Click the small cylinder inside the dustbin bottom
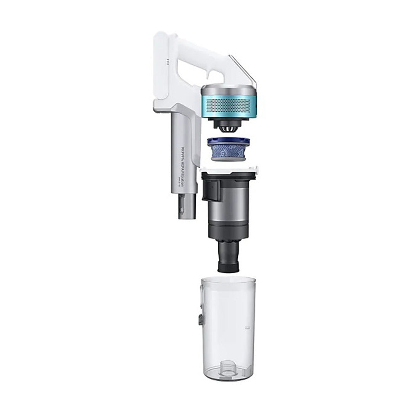click(228, 365)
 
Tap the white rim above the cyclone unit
click(228, 169)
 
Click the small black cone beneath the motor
click(228, 125)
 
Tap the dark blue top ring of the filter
click(228, 142)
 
